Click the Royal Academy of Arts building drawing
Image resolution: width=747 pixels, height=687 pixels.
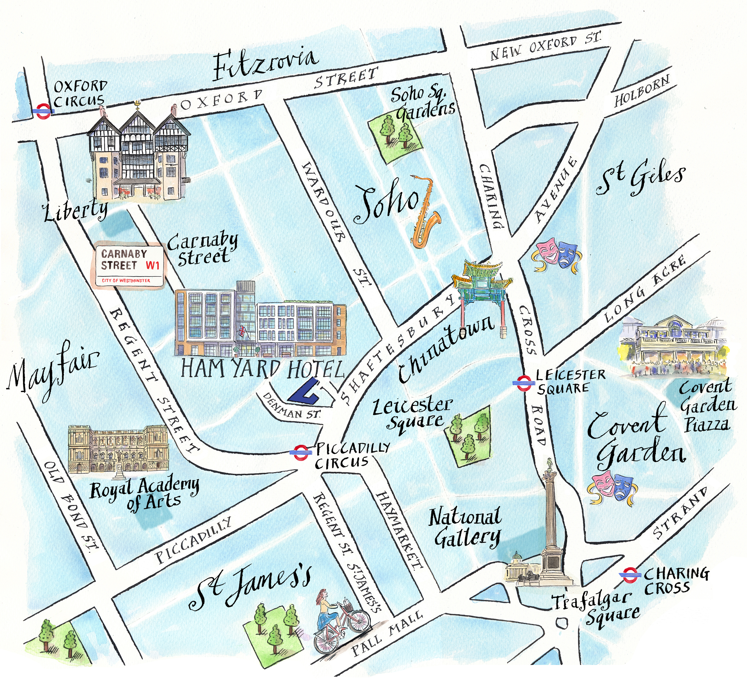click(x=118, y=450)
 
